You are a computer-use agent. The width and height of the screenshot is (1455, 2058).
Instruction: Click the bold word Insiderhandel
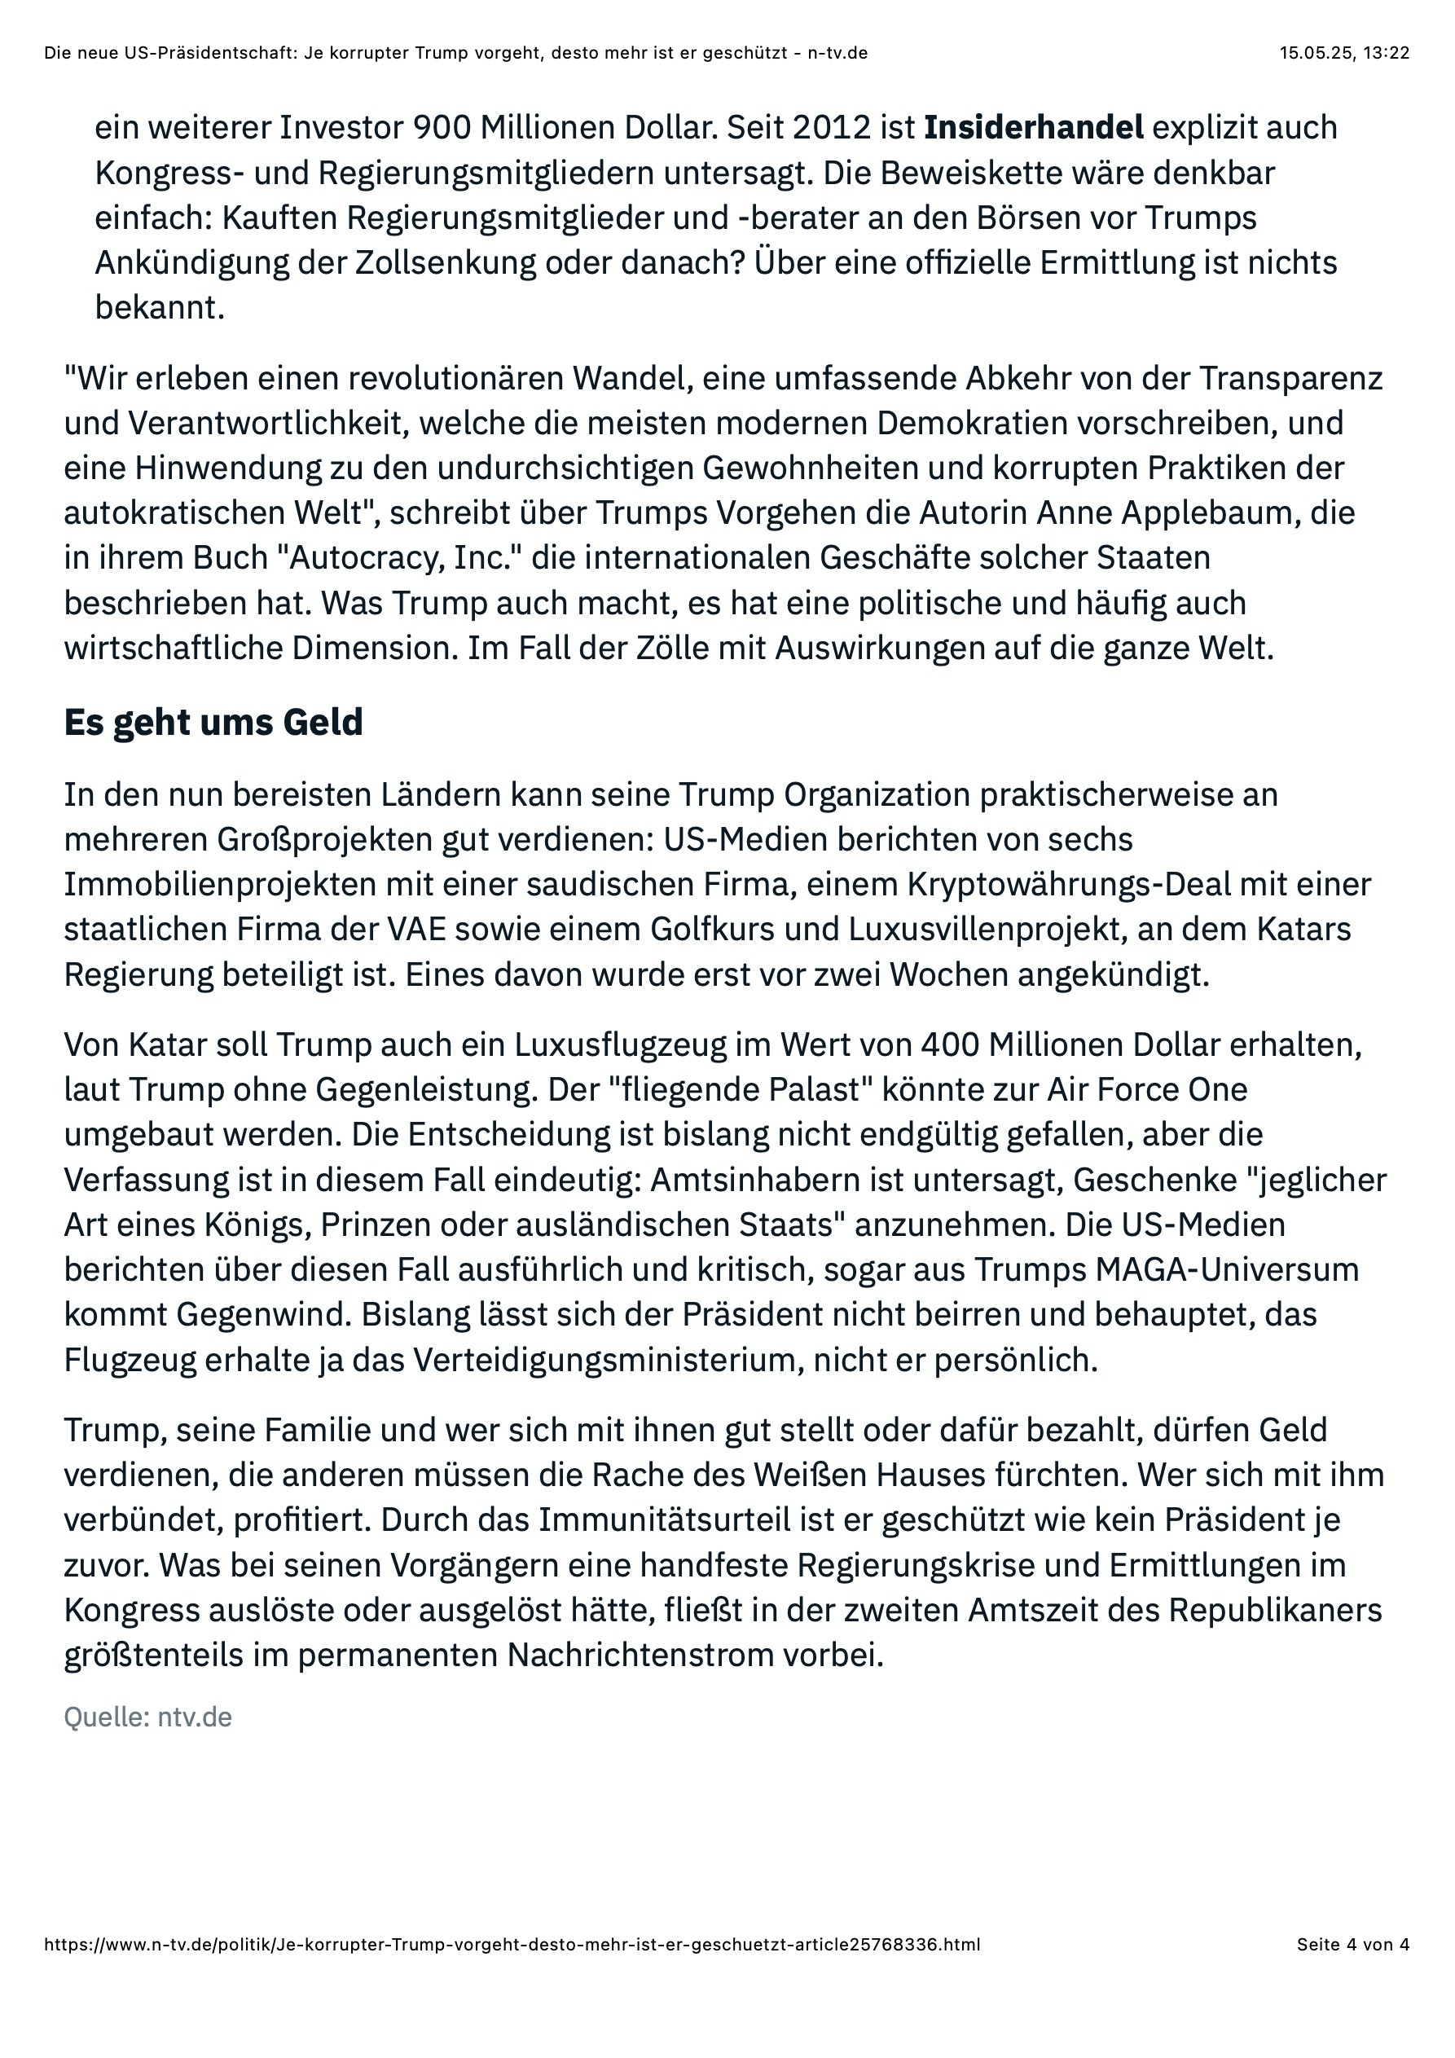1033,128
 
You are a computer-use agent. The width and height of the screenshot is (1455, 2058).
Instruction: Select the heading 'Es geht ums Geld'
213,723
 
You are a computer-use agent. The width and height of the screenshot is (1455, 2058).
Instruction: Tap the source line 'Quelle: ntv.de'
148,1717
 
